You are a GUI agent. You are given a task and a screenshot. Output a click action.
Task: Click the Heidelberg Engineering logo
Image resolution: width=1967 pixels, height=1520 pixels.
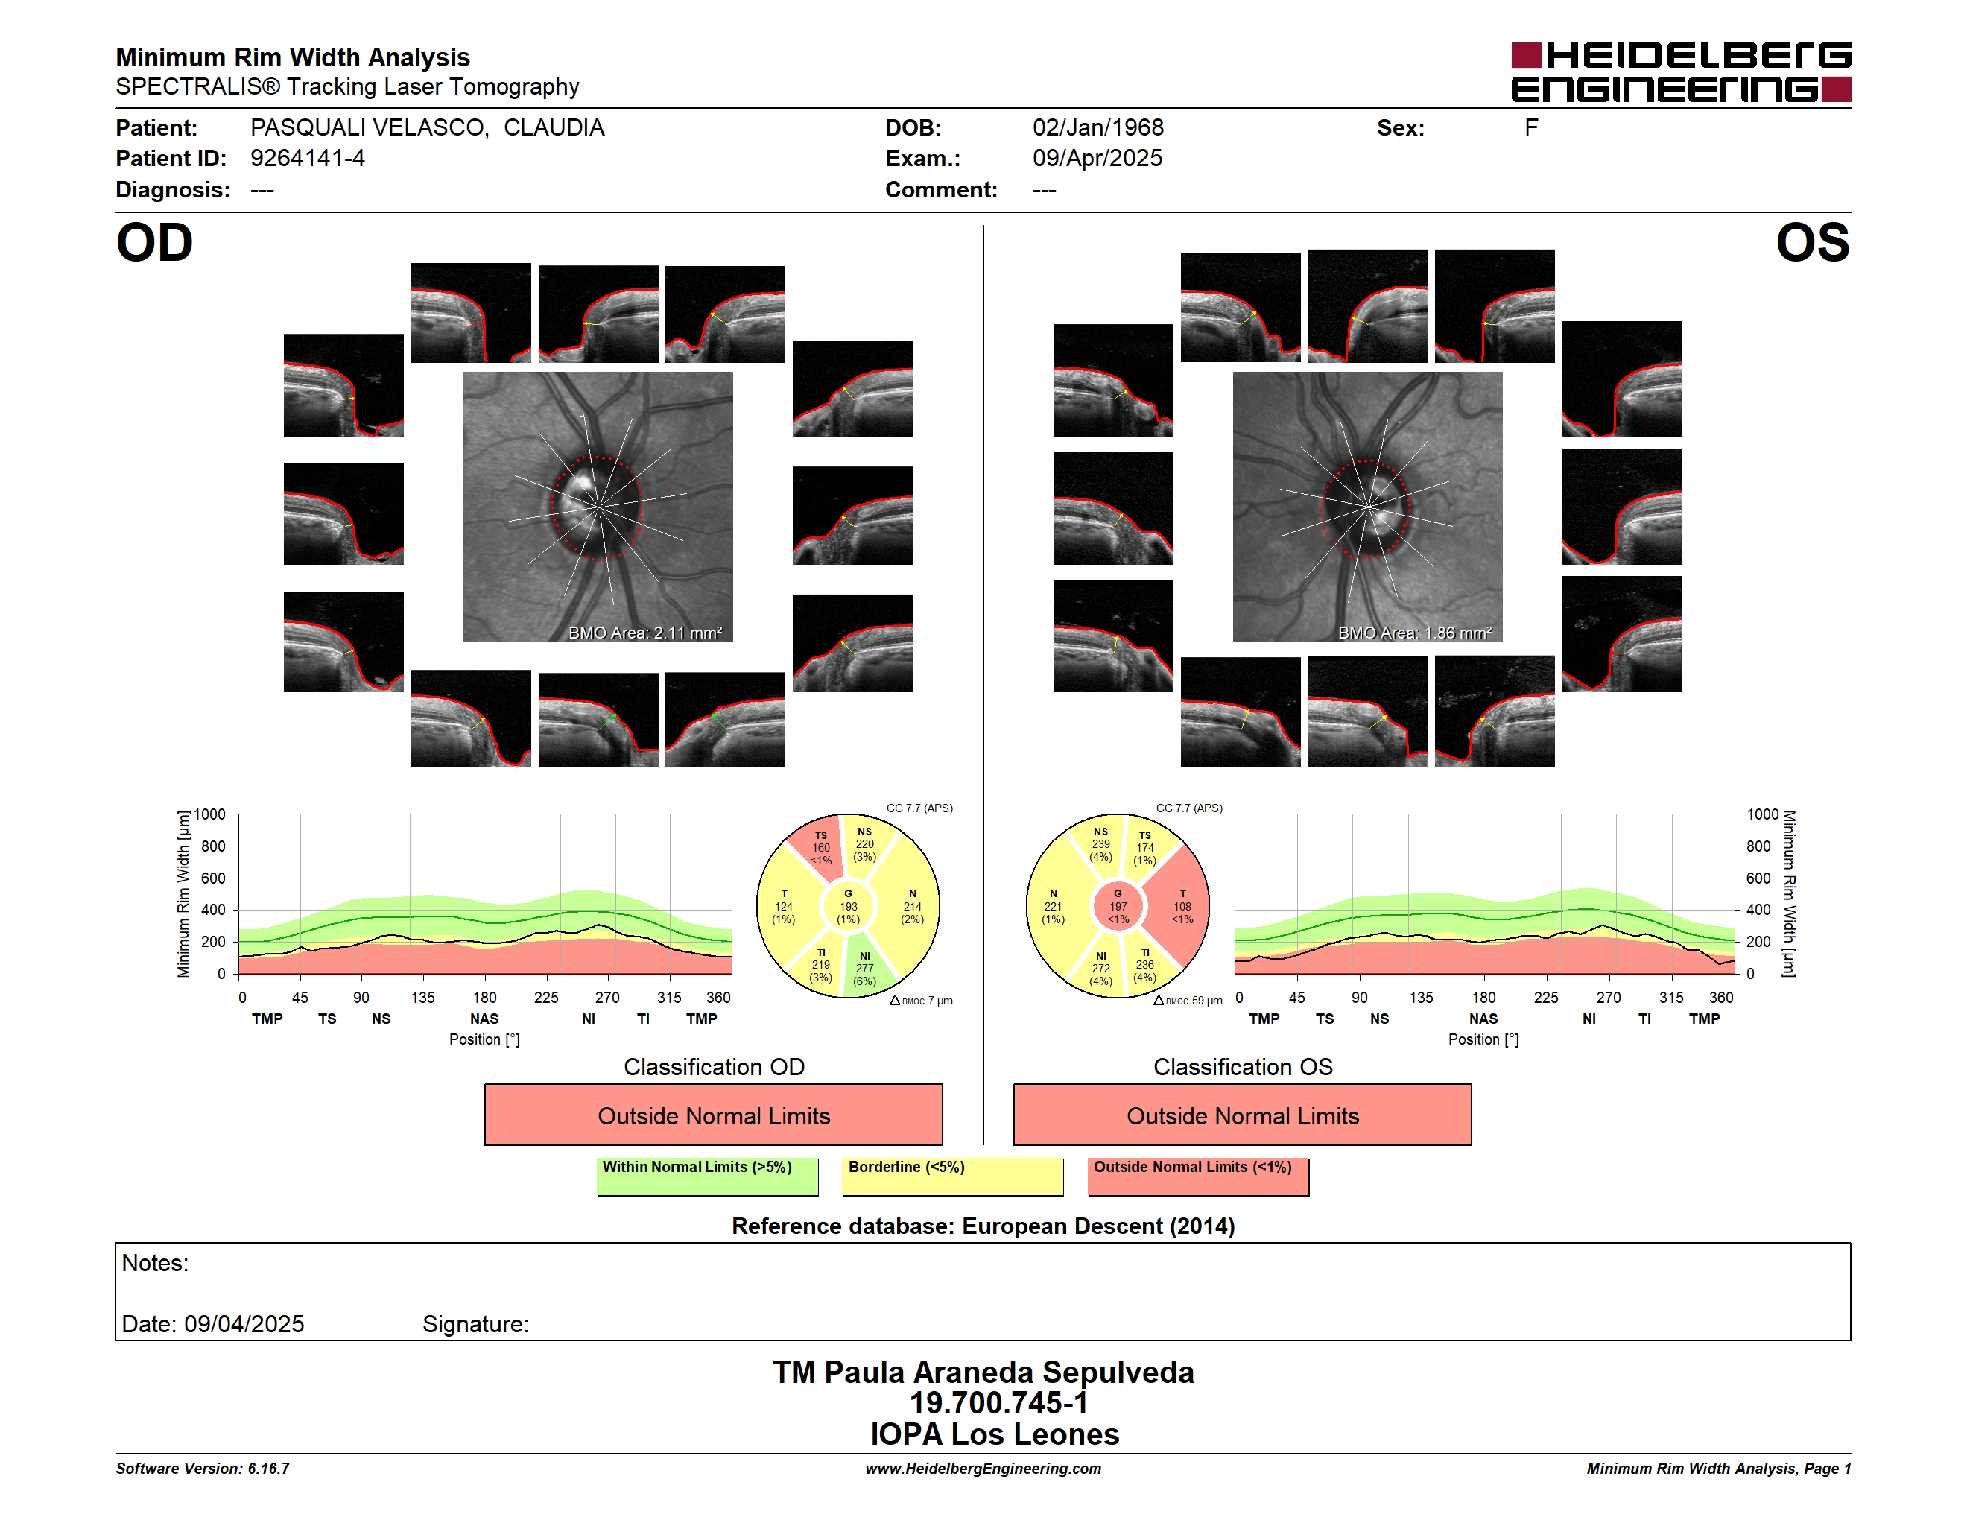coord(1681,72)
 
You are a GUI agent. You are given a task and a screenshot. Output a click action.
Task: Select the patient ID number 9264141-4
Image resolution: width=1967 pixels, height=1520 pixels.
coord(307,159)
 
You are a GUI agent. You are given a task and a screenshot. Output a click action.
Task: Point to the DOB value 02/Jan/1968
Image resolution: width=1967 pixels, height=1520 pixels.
coord(1098,128)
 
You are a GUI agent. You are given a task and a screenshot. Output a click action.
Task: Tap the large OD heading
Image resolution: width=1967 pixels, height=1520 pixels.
coord(155,243)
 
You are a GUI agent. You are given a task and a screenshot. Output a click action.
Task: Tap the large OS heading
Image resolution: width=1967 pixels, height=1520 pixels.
coord(1812,243)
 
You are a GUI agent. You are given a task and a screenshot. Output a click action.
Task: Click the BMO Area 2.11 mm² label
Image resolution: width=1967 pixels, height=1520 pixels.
coord(644,633)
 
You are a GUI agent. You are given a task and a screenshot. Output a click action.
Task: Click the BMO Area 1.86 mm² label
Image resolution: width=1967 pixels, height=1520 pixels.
coord(1415,633)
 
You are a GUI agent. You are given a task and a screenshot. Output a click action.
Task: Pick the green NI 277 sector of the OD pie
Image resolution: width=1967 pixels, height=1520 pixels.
coord(867,968)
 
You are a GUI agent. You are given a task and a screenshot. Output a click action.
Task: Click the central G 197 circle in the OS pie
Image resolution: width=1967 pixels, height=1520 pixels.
coord(1118,907)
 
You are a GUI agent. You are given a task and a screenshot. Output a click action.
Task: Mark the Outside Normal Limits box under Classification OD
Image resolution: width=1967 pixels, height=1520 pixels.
coord(713,1115)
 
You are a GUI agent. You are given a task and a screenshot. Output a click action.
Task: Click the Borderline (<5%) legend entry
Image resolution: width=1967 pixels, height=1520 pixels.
coord(953,1176)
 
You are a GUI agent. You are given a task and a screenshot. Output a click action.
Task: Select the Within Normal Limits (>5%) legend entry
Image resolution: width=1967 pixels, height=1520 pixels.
coord(707,1176)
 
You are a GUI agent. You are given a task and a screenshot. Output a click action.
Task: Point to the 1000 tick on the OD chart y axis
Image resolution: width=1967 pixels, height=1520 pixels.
coord(211,814)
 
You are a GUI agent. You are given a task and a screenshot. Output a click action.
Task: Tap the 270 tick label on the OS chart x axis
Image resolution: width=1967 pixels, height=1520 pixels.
coord(1609,998)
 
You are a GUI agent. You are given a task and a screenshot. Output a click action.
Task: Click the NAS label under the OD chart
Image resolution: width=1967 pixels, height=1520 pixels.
coord(484,1019)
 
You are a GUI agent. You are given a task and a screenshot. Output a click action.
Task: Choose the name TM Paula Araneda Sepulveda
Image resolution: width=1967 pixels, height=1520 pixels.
coord(983,1372)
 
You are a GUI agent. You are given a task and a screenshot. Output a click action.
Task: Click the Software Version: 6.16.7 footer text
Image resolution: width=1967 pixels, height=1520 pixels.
coord(203,1469)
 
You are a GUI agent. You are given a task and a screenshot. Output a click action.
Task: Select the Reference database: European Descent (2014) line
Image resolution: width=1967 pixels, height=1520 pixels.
coord(983,1226)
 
